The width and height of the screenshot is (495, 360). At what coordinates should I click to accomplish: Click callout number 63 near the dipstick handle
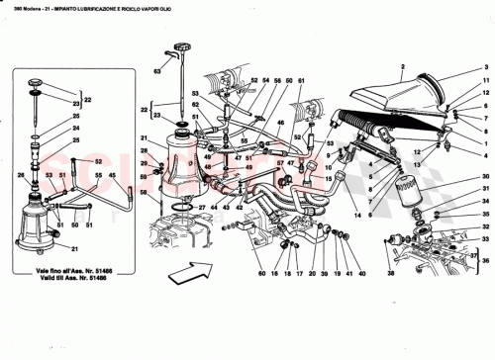pyautogui.click(x=155, y=72)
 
